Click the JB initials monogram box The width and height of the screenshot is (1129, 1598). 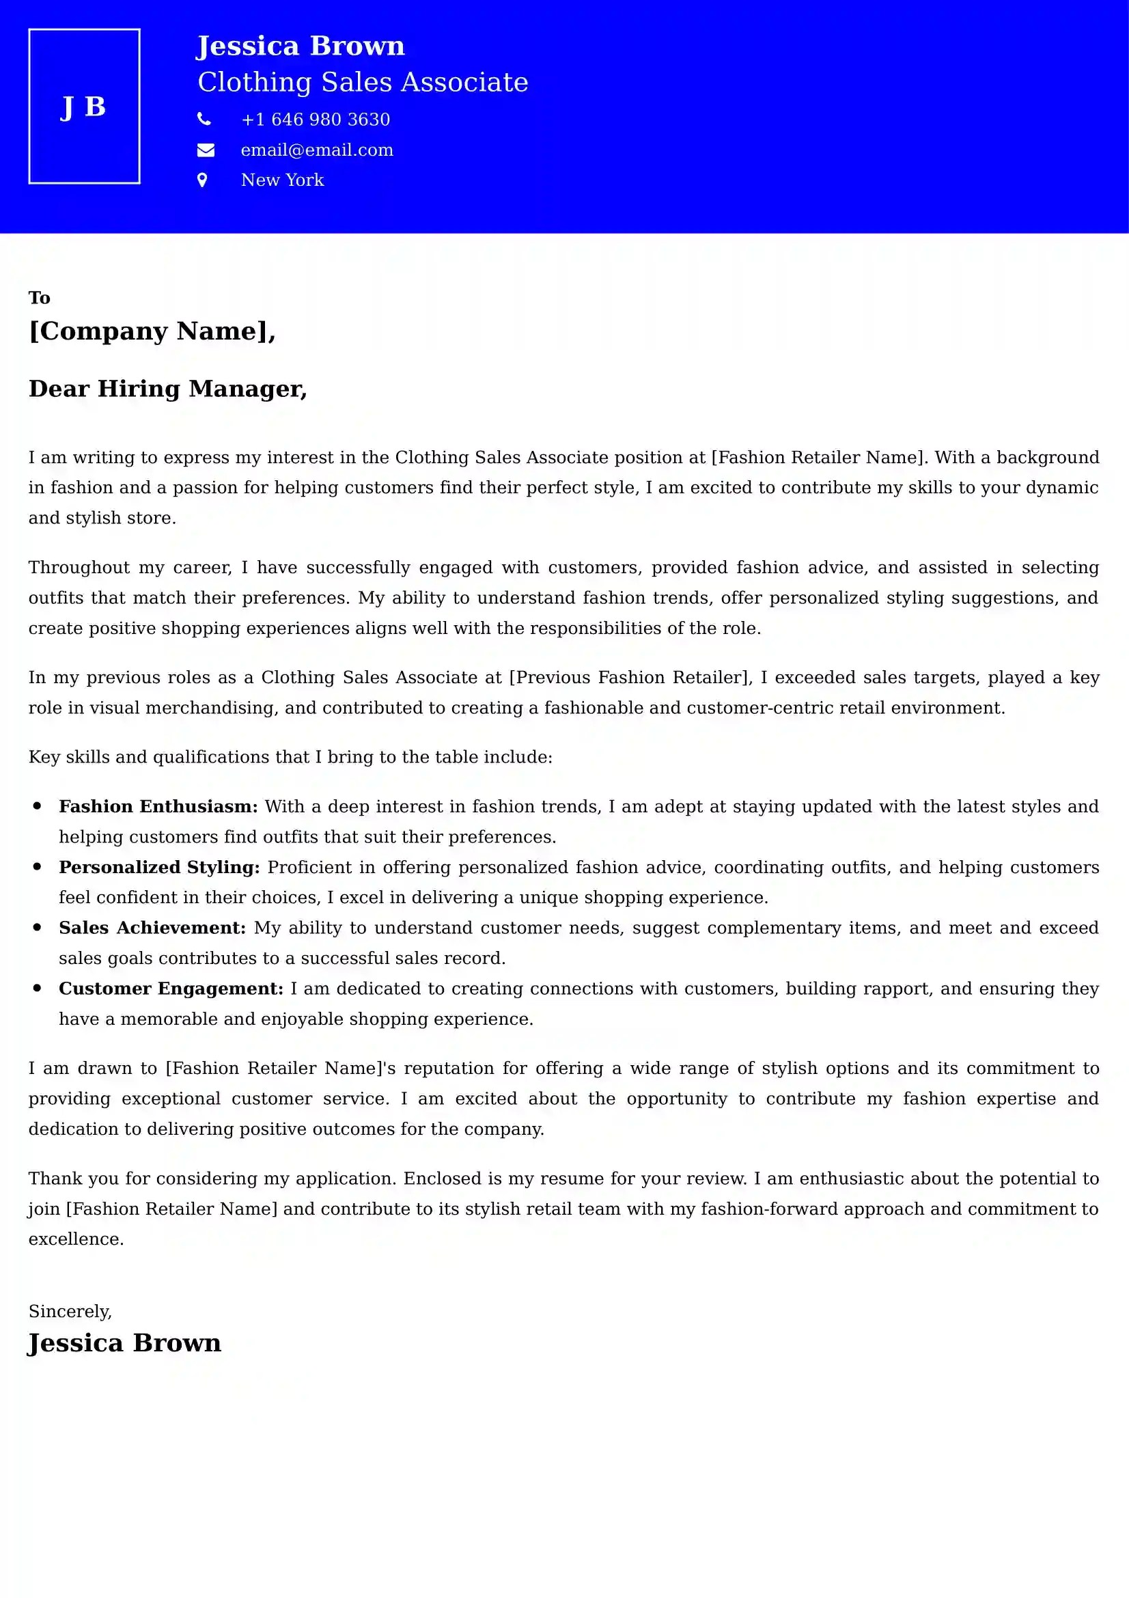84,107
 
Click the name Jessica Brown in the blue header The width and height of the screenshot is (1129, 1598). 300,46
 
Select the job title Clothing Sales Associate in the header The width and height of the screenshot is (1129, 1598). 363,82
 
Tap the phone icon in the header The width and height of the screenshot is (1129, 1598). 204,119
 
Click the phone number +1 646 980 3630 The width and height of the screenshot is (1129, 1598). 315,120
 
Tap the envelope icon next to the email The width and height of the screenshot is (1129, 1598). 205,150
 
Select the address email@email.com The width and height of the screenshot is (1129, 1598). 316,150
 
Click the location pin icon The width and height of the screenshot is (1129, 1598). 202,180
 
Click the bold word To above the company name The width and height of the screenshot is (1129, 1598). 39,298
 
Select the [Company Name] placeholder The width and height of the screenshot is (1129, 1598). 151,331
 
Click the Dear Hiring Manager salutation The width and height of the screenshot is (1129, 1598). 167,388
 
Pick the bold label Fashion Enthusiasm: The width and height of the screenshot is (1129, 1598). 158,807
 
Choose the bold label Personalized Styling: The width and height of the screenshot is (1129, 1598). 158,867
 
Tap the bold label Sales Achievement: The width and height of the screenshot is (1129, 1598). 152,928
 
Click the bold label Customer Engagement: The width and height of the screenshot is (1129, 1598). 171,989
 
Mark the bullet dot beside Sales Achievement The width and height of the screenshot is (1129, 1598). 38,927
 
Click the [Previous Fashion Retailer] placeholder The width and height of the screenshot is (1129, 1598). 630,677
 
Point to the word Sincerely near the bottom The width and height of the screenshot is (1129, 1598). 70,1311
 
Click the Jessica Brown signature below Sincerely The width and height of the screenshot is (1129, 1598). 124,1342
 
